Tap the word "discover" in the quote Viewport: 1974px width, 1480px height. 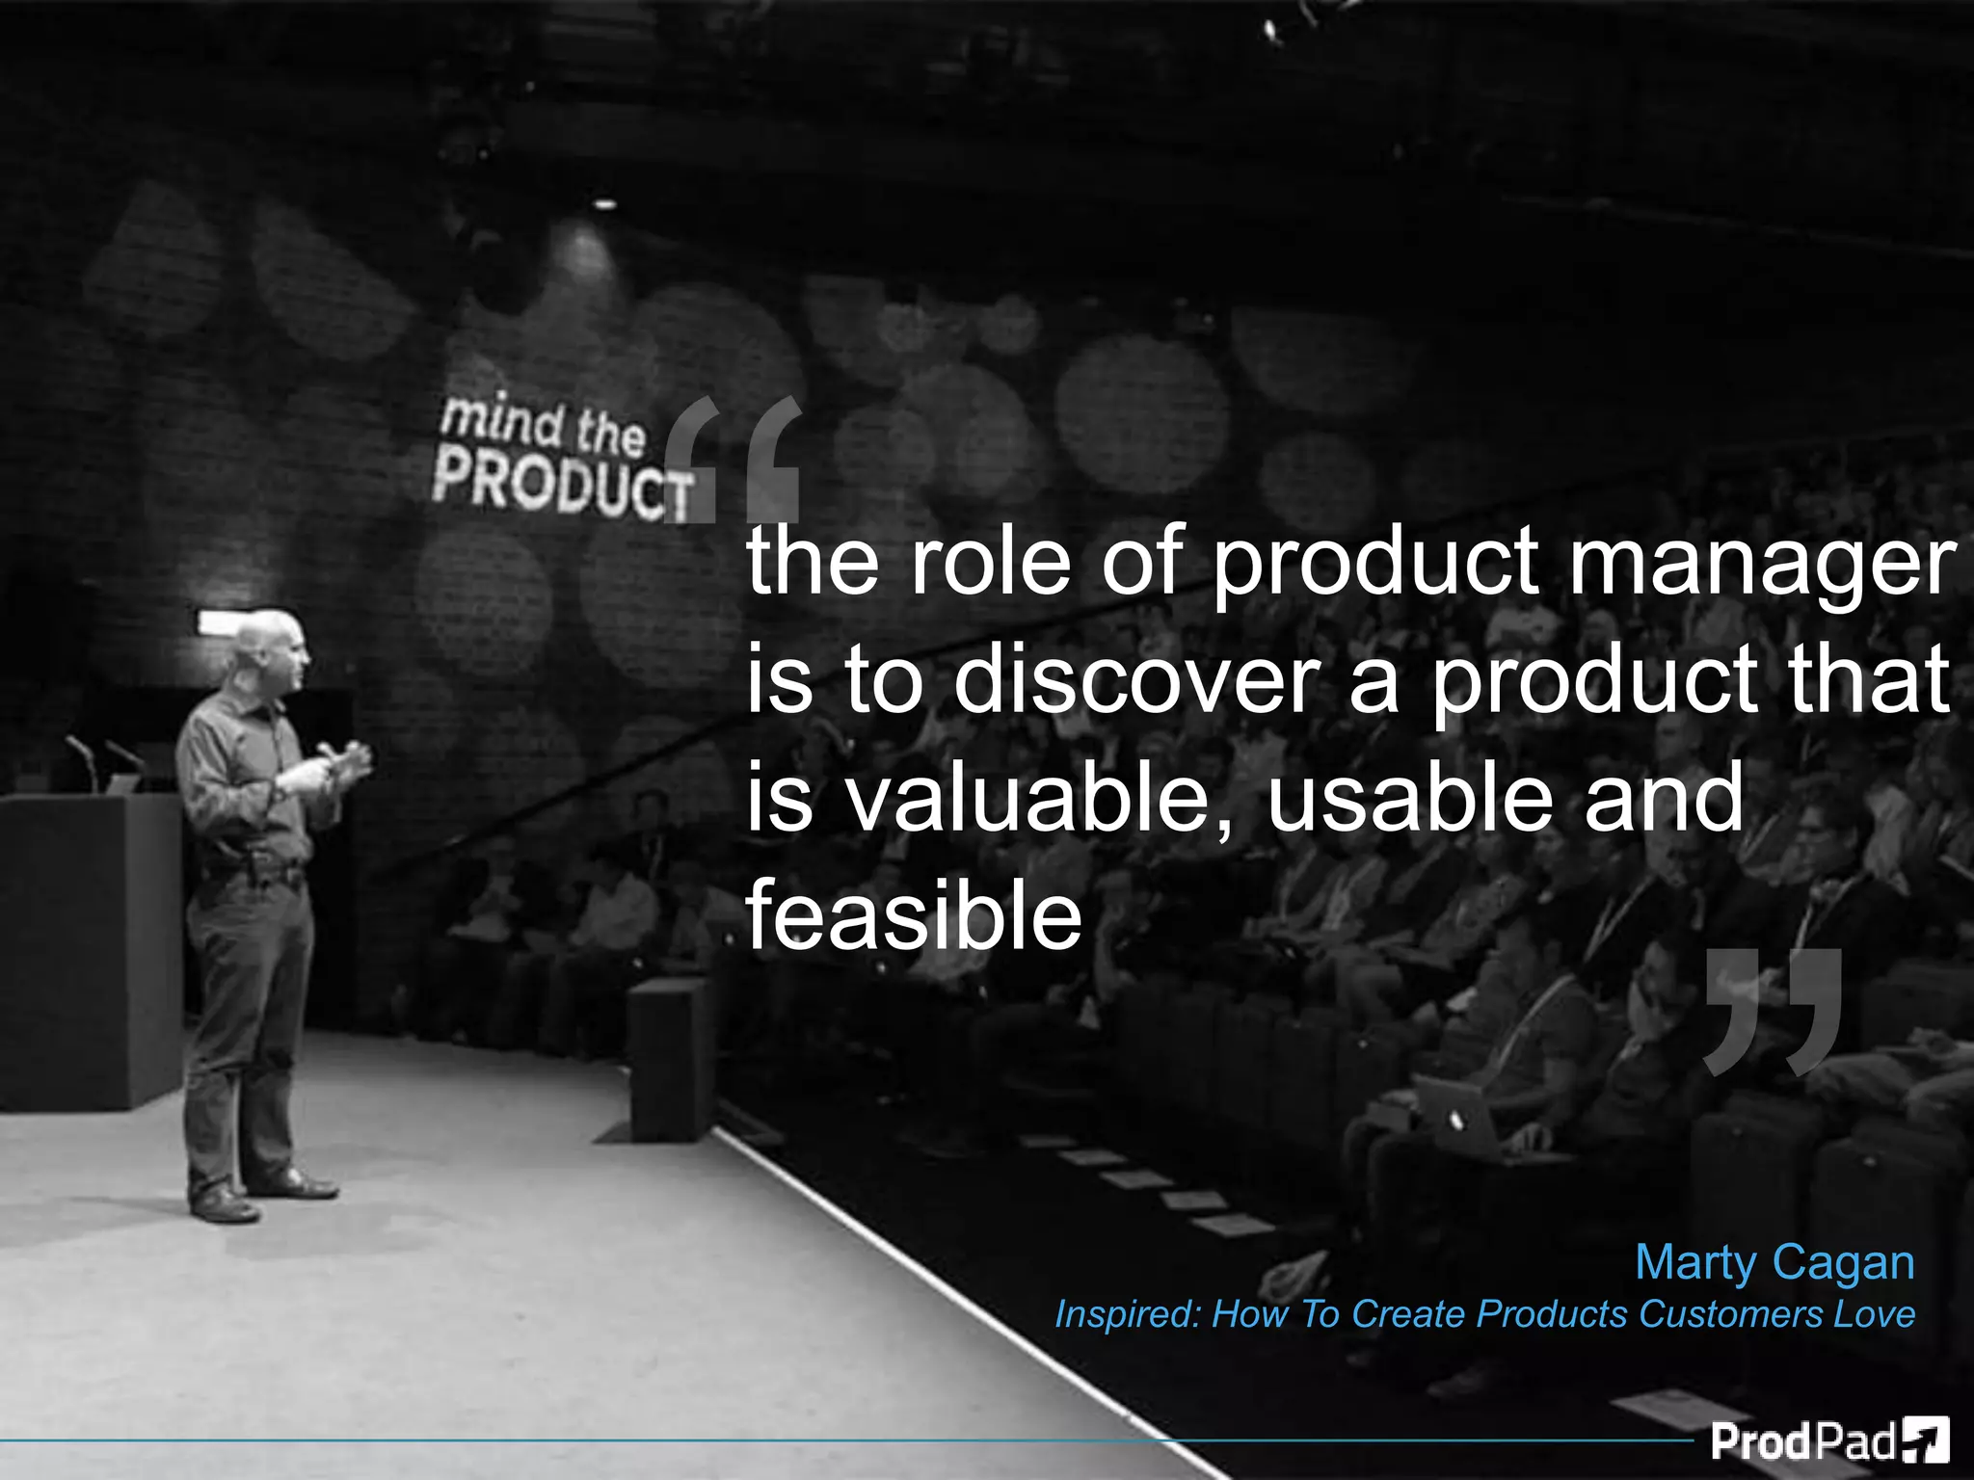(x=1134, y=679)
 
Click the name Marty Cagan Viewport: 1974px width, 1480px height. (x=1774, y=1262)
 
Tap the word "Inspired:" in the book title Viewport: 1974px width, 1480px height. (x=1127, y=1314)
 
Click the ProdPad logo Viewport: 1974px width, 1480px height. (x=1828, y=1441)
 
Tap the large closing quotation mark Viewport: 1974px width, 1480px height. (x=1772, y=1012)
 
